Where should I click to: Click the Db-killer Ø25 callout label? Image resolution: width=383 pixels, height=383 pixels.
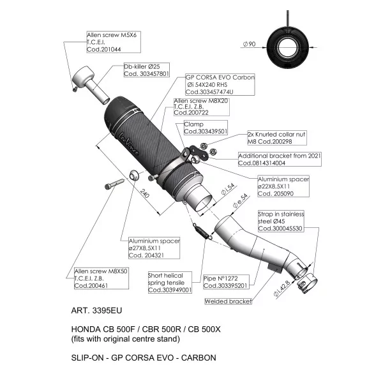pos(147,70)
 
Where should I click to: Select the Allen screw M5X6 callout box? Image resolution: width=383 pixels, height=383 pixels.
pos(114,41)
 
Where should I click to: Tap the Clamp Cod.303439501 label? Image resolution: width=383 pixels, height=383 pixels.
pos(206,128)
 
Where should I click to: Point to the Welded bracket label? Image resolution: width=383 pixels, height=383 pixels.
pos(228,301)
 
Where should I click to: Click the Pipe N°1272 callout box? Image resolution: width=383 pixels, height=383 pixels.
pos(226,282)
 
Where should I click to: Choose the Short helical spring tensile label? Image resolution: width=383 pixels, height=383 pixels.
pos(170,282)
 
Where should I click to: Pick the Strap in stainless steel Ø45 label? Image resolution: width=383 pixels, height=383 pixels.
pos(281,221)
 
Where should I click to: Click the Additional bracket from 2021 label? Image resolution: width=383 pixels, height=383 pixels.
pos(280,159)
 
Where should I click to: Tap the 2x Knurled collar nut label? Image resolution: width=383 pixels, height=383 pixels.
pos(277,138)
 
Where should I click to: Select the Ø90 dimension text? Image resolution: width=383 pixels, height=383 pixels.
pos(250,44)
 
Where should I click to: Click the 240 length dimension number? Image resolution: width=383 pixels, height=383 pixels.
pos(145,193)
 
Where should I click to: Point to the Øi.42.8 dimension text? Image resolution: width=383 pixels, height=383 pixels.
pos(282,289)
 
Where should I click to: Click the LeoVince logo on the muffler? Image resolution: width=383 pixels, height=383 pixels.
pos(129,144)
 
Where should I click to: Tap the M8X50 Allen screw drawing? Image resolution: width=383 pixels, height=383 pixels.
pos(114,184)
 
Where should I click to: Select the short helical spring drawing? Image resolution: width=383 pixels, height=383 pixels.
pos(203,231)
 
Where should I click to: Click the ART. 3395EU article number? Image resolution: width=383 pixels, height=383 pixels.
pos(96,310)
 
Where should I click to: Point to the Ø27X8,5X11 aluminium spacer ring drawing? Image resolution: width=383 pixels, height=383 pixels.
pos(134,175)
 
